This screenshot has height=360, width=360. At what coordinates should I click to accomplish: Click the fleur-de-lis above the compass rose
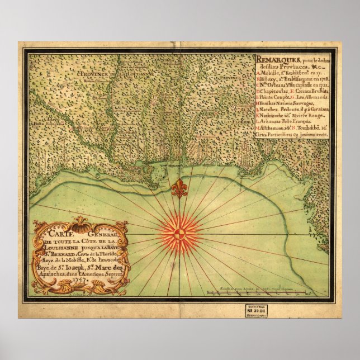click(179, 190)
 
